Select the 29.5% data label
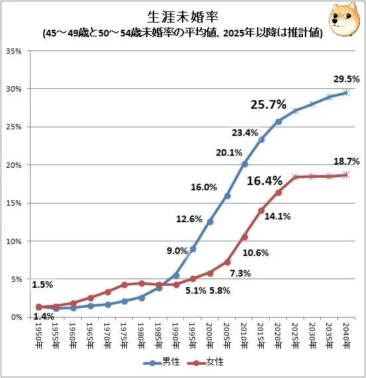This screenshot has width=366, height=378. tap(346, 79)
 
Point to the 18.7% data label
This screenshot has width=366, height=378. tap(346, 161)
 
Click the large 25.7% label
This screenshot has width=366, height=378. tap(268, 104)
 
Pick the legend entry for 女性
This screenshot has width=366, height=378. tap(207, 362)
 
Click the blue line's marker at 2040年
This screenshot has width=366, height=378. tap(346, 93)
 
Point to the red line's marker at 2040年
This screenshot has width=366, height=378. tap(346, 175)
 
